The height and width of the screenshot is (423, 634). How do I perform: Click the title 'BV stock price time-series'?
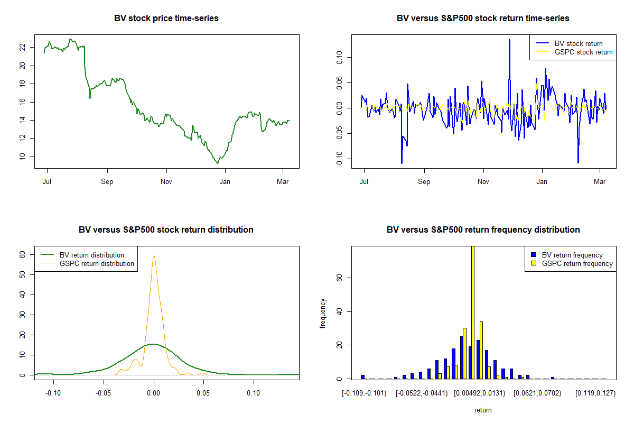click(x=166, y=19)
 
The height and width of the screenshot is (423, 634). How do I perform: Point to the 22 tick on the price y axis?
click(x=22, y=47)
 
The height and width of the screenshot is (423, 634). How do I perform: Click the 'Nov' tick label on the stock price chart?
click(x=166, y=181)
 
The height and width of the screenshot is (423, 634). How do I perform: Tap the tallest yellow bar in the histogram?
click(x=472, y=312)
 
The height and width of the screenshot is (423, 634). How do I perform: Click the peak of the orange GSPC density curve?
click(x=154, y=256)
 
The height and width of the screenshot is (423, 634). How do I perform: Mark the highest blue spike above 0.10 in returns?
click(x=509, y=40)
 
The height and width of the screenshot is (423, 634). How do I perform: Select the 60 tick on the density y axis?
click(x=23, y=254)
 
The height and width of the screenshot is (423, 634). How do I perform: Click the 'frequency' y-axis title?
click(x=323, y=314)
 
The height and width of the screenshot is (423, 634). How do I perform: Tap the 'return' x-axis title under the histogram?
click(x=483, y=410)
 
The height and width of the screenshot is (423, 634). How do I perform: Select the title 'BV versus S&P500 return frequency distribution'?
click(x=483, y=230)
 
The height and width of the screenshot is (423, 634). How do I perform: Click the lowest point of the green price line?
click(x=218, y=163)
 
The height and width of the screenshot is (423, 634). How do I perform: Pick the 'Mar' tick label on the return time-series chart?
click(x=600, y=181)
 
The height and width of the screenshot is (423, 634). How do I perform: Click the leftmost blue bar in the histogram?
click(x=363, y=376)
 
